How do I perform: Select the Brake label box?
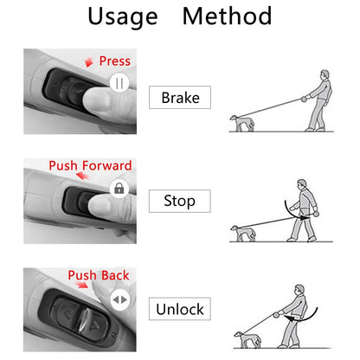pos(180,97)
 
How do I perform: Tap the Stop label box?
pos(179,202)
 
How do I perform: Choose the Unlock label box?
pos(180,309)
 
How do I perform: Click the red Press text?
pos(115,61)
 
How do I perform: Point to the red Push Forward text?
pos(90,165)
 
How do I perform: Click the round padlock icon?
pos(119,189)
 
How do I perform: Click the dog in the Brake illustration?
pos(241,124)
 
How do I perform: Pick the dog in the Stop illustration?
pos(242,231)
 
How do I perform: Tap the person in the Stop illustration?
pos(303,209)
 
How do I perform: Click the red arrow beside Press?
pos(93,62)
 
